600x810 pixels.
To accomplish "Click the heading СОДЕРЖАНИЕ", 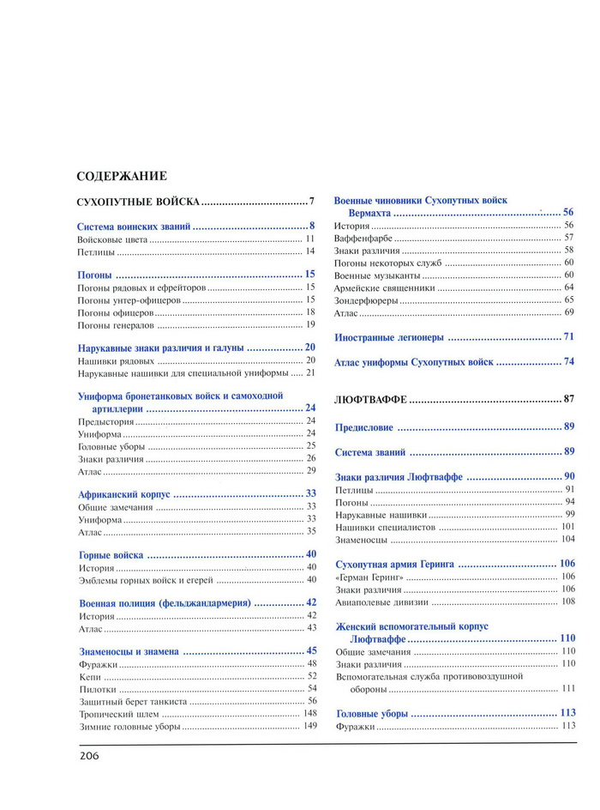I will tap(121, 177).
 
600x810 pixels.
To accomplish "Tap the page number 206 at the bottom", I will tap(89, 756).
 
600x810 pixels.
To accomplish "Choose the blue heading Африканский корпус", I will tap(124, 495).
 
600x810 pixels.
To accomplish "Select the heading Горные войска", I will tap(111, 555).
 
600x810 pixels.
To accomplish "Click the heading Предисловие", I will tap(364, 426).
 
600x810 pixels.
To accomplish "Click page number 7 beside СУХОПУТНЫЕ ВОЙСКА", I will tap(312, 202).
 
